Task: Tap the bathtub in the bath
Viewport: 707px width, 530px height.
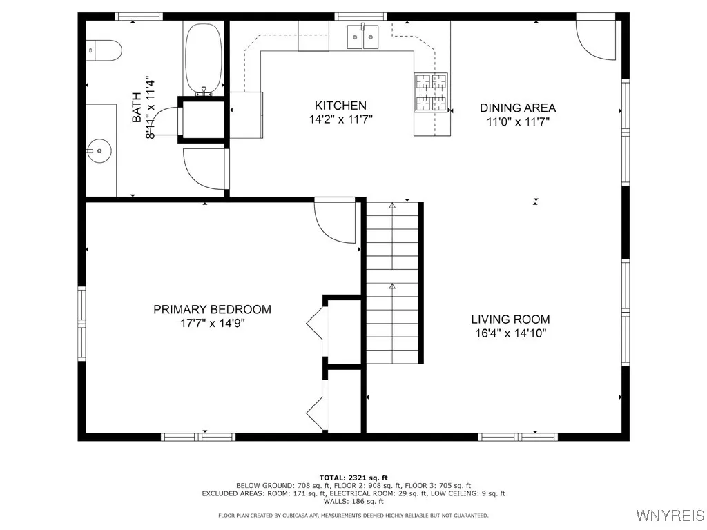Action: pyautogui.click(x=203, y=59)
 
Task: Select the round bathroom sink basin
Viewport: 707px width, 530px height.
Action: pyautogui.click(x=97, y=148)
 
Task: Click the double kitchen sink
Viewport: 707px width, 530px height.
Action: pyautogui.click(x=364, y=36)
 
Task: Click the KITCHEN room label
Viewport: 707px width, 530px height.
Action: pyautogui.click(x=340, y=106)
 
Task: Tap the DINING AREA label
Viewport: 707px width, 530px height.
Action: pyautogui.click(x=518, y=108)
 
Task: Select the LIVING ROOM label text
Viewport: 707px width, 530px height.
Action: pyautogui.click(x=510, y=320)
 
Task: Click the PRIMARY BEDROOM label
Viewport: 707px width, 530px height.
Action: pyautogui.click(x=212, y=310)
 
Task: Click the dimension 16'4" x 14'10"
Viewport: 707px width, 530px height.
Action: pyautogui.click(x=510, y=334)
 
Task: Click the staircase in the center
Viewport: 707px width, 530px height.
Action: pyautogui.click(x=393, y=283)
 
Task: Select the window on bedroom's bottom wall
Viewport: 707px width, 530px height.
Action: pyautogui.click(x=198, y=436)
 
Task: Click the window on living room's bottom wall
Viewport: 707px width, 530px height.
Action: pyautogui.click(x=518, y=436)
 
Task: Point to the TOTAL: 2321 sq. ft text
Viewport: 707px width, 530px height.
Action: pyautogui.click(x=353, y=478)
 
